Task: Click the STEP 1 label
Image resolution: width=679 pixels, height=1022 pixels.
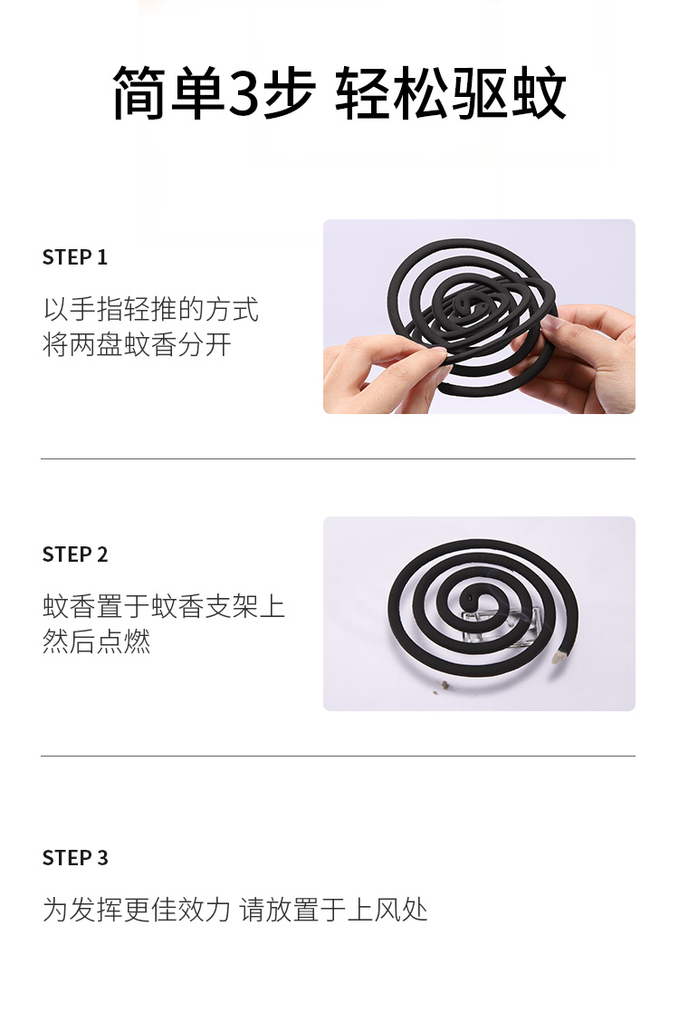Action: pyautogui.click(x=74, y=257)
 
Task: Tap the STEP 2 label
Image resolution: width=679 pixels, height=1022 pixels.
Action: pyautogui.click(x=75, y=554)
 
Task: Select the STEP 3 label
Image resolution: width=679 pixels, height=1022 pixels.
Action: pyautogui.click(x=75, y=858)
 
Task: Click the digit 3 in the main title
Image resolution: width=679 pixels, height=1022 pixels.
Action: pyautogui.click(x=243, y=93)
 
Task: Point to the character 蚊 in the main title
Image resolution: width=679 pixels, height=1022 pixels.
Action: pyautogui.click(x=539, y=93)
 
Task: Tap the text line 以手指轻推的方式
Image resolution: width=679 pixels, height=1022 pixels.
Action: pyautogui.click(x=151, y=309)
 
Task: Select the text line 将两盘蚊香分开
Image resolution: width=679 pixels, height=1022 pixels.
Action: pyautogui.click(x=137, y=344)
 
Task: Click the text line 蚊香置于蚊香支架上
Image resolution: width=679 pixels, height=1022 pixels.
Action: pyautogui.click(x=164, y=606)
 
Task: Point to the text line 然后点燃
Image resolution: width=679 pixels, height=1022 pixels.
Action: pyautogui.click(x=96, y=641)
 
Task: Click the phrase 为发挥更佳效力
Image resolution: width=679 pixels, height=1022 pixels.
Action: pyautogui.click(x=137, y=910)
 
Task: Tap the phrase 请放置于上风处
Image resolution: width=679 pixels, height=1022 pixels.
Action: pyautogui.click(x=333, y=910)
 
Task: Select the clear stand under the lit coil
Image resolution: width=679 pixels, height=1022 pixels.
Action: pyautogui.click(x=502, y=624)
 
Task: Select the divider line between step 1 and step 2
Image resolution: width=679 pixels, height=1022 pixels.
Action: pyautogui.click(x=338, y=458)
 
